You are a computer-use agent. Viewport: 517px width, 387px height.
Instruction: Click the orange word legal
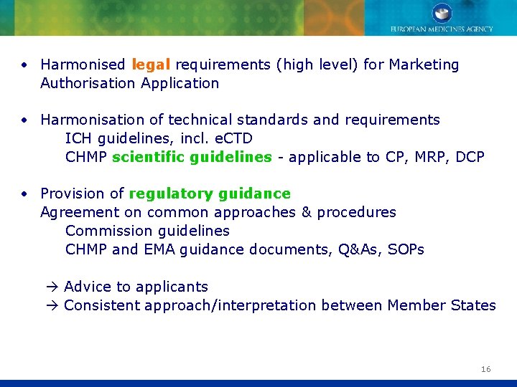click(x=151, y=65)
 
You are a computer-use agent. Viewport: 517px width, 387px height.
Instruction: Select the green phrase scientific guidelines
click(x=192, y=157)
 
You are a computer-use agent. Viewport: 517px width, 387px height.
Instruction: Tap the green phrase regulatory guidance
click(x=209, y=193)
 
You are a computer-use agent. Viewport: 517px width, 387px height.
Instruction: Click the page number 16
click(x=486, y=369)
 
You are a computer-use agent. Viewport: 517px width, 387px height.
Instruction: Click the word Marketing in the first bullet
click(x=424, y=65)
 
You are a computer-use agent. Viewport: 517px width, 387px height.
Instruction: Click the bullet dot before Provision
click(x=24, y=194)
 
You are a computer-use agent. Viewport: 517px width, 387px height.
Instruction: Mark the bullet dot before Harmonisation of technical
click(x=24, y=120)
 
